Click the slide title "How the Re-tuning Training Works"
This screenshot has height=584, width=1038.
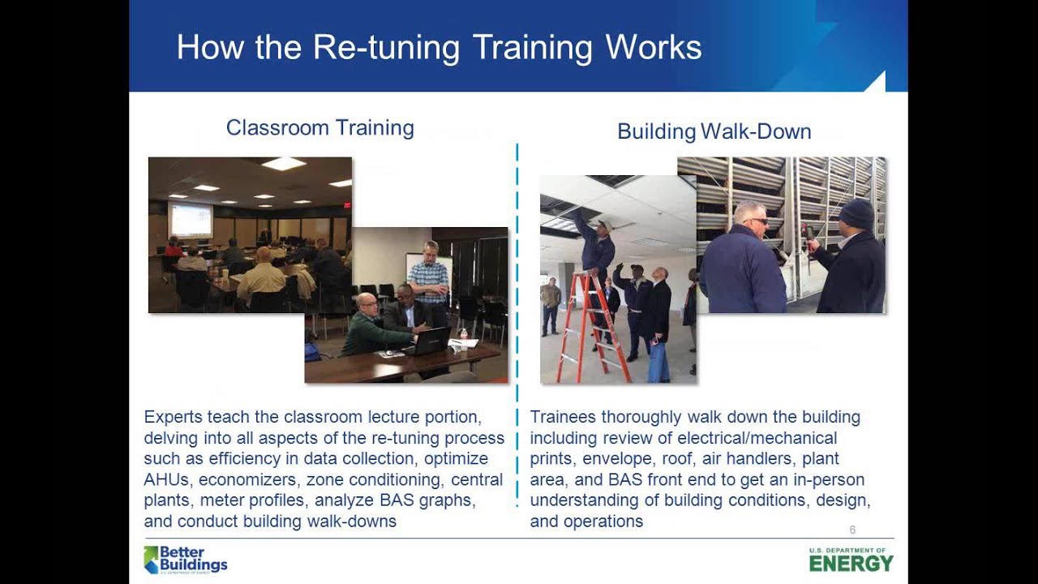[x=439, y=48]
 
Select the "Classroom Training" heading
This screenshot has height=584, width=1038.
[x=320, y=128]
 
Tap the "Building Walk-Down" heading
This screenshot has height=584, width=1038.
[x=714, y=131]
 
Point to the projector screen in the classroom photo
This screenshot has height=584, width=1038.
[x=190, y=219]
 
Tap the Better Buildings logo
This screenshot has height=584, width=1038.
[x=186, y=560]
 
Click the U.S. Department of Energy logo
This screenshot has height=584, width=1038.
[x=851, y=560]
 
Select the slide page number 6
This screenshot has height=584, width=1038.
[x=852, y=530]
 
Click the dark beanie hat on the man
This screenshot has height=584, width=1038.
[x=856, y=214]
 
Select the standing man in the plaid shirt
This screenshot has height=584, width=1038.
[x=427, y=280]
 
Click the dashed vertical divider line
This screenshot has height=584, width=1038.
[x=517, y=324]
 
